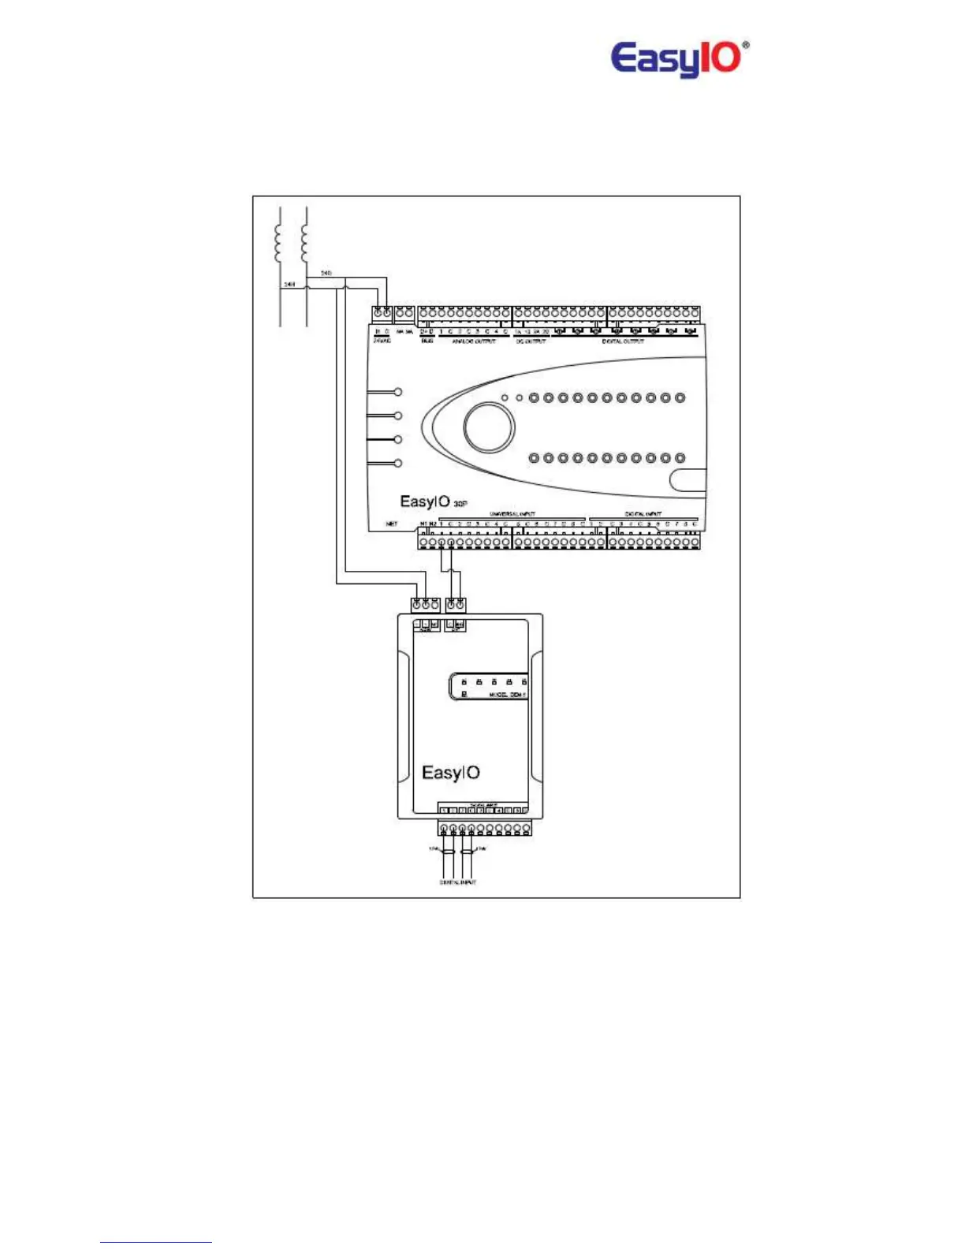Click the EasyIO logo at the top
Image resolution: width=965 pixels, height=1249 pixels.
[x=676, y=59]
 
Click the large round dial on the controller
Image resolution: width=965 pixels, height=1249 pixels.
[x=489, y=427]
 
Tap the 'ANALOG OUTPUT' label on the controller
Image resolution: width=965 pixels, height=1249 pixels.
[x=473, y=341]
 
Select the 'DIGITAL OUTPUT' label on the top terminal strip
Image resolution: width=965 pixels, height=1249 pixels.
[x=623, y=341]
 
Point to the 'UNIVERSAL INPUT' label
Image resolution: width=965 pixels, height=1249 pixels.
[x=512, y=514]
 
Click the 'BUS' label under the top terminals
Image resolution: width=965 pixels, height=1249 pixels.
[x=427, y=341]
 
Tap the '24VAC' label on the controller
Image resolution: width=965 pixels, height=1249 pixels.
[x=382, y=341]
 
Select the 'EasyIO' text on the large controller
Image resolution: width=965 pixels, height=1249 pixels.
[x=425, y=501]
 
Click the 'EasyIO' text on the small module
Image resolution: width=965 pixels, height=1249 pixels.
[x=450, y=773]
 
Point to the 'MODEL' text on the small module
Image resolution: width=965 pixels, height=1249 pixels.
[x=499, y=695]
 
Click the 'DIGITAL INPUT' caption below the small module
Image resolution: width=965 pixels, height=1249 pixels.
[x=457, y=882]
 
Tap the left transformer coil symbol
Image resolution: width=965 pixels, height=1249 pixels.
[x=278, y=242]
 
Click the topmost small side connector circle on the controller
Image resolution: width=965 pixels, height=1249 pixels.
[x=398, y=392]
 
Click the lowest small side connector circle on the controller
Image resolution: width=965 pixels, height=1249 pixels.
[x=398, y=463]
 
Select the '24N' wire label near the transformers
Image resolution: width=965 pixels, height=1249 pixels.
[x=289, y=285]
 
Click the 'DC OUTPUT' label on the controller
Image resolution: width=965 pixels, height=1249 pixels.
[x=531, y=341]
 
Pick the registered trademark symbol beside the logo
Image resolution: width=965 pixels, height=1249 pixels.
[x=746, y=46]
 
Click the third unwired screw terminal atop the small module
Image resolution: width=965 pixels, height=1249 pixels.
[x=434, y=605]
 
